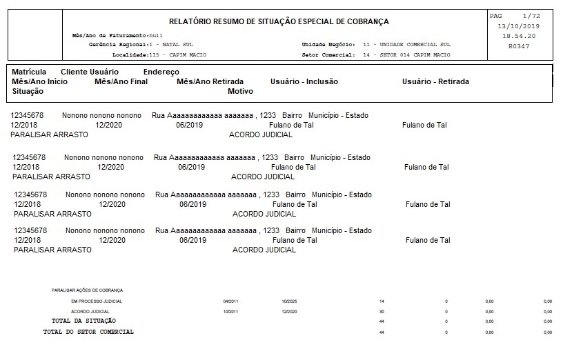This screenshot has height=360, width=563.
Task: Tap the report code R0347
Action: (518, 46)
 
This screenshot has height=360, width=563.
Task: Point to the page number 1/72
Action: (531, 15)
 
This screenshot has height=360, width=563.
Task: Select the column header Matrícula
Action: (29, 72)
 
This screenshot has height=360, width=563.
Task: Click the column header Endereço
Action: (161, 72)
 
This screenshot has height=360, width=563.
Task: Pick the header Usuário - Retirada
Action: (435, 81)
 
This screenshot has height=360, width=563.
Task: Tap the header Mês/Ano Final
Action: (121, 81)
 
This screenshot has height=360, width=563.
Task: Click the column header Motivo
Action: (240, 91)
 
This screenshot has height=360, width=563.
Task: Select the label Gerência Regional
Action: (114, 44)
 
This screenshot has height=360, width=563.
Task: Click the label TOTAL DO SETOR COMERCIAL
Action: (88, 332)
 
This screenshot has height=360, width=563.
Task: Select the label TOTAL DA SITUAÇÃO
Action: (83, 321)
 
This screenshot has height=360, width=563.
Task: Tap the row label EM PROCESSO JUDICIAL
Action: (97, 301)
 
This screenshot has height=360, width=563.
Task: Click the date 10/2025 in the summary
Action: (290, 301)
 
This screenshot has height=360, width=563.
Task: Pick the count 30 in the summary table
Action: (382, 312)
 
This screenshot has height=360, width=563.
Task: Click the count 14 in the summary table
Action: (382, 301)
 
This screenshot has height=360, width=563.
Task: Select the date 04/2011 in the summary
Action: (230, 301)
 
